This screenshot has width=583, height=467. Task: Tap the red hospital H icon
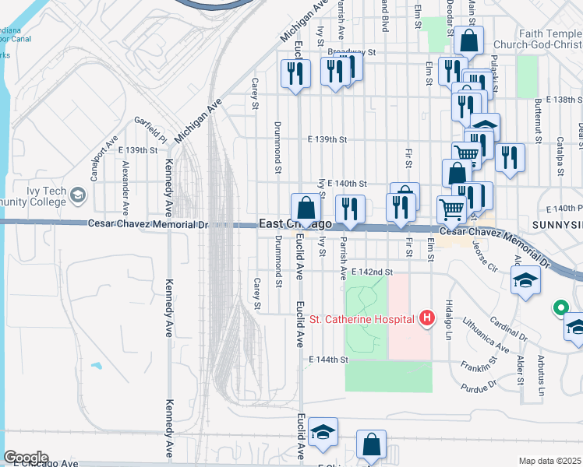point(426,318)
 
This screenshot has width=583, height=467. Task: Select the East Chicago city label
point(295,224)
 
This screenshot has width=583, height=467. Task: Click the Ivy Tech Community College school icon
point(77,195)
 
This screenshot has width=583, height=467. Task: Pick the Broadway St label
point(352,53)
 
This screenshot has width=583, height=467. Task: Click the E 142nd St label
point(371,272)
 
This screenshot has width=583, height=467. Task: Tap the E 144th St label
point(327,360)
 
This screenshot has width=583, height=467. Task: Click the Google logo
point(25,458)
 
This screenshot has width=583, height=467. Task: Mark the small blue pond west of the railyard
point(97,365)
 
